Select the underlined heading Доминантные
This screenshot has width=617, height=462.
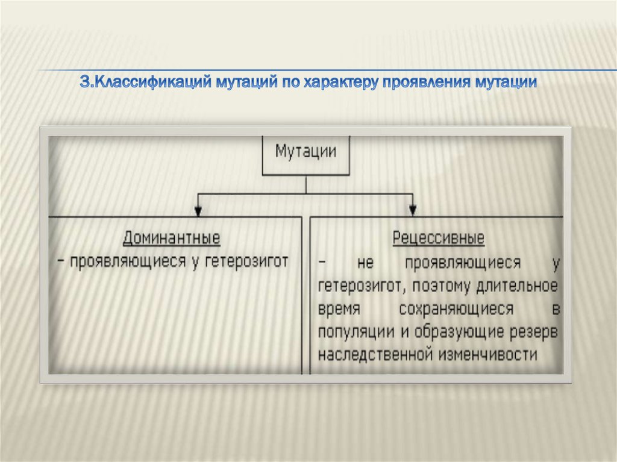pyautogui.click(x=172, y=238)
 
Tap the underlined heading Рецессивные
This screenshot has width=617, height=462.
pyautogui.click(x=439, y=238)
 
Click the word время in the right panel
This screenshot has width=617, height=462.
pyautogui.click(x=339, y=309)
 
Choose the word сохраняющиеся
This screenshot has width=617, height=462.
pyautogui.click(x=456, y=309)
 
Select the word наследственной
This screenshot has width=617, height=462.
pyautogui.click(x=380, y=354)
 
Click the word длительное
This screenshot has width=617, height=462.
pyautogui.click(x=524, y=286)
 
